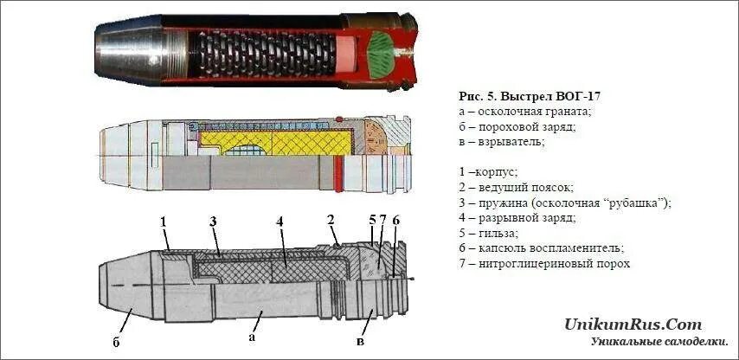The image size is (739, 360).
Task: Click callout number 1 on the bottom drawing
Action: [163, 222]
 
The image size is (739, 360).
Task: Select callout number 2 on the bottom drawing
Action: [331, 219]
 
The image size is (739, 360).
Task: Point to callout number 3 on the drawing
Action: [212, 222]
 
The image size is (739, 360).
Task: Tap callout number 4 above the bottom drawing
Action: [280, 222]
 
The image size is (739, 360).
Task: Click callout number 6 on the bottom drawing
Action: [395, 222]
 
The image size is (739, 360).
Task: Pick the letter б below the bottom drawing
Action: [116, 341]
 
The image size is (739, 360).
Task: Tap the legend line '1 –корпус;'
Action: [487, 171]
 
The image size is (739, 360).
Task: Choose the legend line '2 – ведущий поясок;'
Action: [516, 187]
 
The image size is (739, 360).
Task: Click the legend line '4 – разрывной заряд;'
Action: [516, 217]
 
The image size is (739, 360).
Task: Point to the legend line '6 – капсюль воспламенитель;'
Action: [536, 247]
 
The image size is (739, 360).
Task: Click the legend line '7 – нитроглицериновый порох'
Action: [543, 263]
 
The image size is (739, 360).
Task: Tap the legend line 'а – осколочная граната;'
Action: [524, 111]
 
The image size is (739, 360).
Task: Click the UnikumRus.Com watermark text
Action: [633, 325]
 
